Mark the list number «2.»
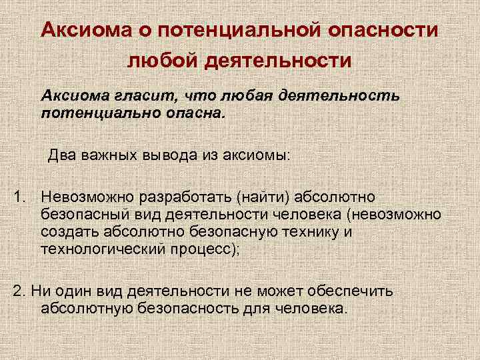(19, 291)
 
